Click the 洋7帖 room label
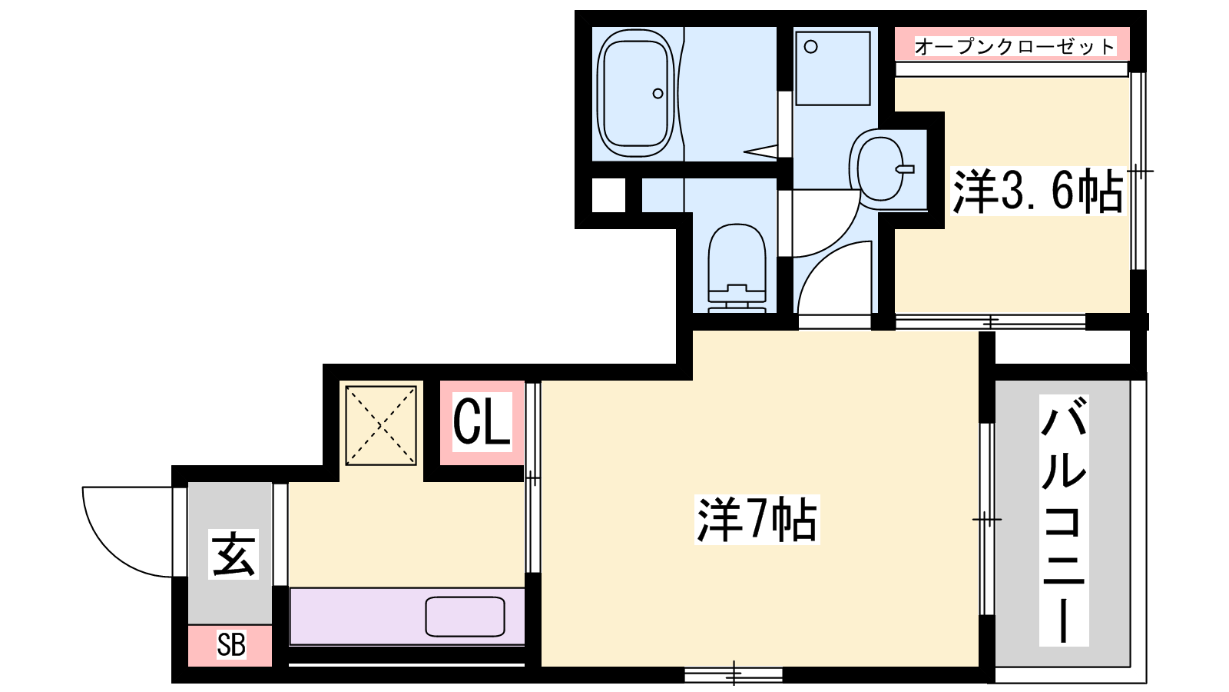click(x=757, y=520)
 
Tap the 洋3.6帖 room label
click(x=1038, y=191)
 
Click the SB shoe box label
click(x=231, y=645)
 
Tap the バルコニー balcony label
click(x=1064, y=520)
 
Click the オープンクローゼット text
click(x=1015, y=46)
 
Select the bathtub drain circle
click(x=658, y=94)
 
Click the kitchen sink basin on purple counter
click(x=465, y=617)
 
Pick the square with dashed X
click(x=381, y=426)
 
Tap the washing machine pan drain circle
click(x=811, y=47)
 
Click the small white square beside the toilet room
click(x=608, y=195)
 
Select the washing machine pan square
click(x=833, y=68)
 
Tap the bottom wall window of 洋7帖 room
click(x=734, y=674)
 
